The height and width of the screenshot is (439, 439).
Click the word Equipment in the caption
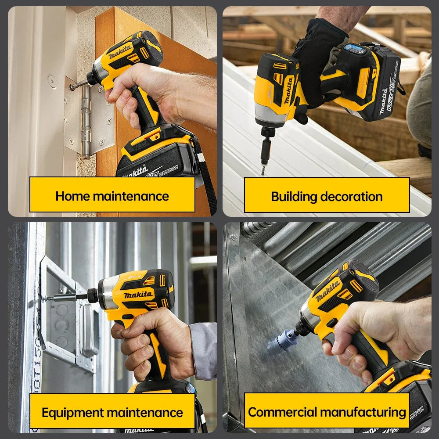72,413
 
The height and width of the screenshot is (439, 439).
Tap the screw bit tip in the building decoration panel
263,169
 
